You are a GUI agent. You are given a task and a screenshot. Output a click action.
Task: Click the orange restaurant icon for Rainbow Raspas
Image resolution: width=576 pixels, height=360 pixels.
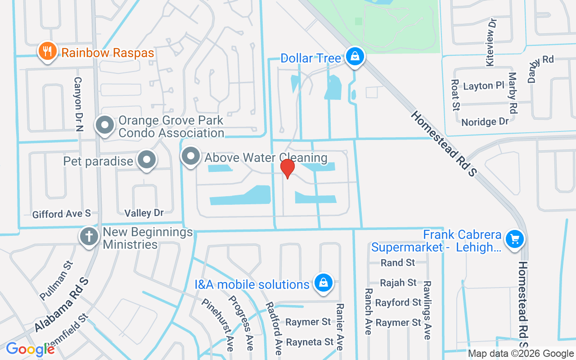[47, 52]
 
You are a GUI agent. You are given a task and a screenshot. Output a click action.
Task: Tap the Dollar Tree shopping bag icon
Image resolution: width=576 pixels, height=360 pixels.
[355, 57]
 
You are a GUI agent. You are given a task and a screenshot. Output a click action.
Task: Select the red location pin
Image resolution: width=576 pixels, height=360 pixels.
[287, 169]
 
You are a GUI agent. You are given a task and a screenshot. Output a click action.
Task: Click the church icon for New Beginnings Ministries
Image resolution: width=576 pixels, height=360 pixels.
[89, 236]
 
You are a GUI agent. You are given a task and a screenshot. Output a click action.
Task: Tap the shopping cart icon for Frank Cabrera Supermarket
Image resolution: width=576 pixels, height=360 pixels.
[515, 238]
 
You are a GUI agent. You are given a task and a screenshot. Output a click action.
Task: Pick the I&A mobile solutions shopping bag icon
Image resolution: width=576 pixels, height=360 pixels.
[323, 283]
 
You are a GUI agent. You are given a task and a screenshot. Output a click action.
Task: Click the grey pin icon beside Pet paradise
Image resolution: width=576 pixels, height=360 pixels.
[146, 160]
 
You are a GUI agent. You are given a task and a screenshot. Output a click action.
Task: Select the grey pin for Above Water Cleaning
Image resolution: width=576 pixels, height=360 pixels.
[191, 156]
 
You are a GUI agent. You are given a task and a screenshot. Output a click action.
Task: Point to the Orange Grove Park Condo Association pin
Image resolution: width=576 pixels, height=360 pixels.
[105, 125]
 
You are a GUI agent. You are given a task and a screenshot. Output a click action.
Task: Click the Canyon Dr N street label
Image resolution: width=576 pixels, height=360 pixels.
[78, 103]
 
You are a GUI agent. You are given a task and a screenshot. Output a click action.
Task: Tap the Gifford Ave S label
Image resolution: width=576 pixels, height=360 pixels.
[62, 214]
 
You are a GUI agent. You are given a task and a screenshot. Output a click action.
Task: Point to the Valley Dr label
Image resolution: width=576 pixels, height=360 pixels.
[144, 212]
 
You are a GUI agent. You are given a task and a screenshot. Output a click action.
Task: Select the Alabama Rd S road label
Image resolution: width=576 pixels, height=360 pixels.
[62, 305]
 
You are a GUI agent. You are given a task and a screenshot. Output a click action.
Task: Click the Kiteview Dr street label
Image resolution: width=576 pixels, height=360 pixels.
[491, 42]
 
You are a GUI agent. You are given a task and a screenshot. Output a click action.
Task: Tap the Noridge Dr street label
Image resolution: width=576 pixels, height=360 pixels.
[485, 121]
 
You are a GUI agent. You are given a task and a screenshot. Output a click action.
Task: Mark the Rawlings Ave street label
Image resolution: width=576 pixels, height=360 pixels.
[427, 310]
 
